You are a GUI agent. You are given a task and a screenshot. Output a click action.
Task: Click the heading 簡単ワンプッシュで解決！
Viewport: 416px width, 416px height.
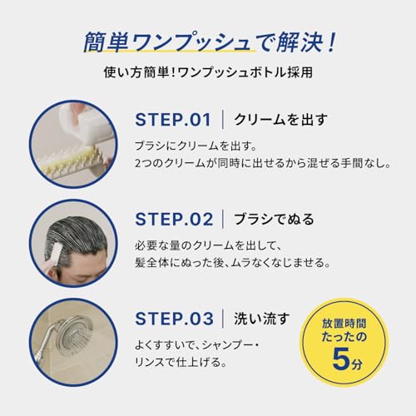208,39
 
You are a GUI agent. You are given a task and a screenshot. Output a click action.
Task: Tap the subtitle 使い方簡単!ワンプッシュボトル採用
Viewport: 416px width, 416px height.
207,72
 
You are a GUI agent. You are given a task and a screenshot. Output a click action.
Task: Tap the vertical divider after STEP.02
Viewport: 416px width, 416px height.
224,220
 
